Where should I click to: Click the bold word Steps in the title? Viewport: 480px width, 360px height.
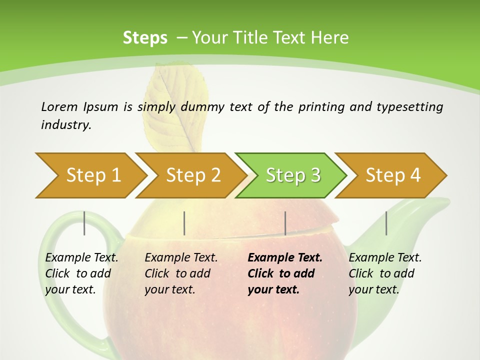click(145, 38)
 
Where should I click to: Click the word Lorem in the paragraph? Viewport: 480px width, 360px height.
click(59, 106)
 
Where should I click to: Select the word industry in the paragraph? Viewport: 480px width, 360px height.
click(66, 125)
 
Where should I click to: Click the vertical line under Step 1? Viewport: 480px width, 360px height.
click(84, 223)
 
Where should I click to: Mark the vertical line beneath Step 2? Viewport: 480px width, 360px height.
click(184, 223)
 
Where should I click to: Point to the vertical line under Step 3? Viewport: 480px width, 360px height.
click(285, 223)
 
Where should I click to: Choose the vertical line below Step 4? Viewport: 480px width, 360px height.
click(386, 223)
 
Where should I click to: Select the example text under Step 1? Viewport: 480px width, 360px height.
click(81, 273)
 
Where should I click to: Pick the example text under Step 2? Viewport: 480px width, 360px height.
click(181, 273)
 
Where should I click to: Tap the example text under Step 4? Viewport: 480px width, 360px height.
click(385, 273)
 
